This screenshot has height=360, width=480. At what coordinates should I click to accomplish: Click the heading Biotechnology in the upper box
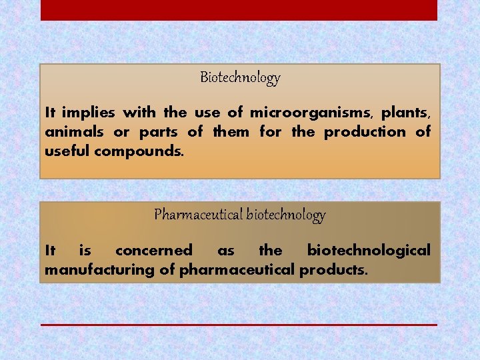(x=240, y=78)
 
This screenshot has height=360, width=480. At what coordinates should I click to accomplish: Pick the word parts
(x=158, y=131)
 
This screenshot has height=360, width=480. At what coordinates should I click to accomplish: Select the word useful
(x=67, y=151)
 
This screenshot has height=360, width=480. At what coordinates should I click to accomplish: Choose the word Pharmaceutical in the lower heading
(x=198, y=215)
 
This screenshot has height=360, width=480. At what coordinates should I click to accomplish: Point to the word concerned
(x=153, y=251)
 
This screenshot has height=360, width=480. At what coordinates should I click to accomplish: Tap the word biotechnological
(x=369, y=251)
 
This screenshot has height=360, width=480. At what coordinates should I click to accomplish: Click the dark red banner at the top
(x=239, y=10)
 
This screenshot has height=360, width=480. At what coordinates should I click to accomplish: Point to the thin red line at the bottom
(x=239, y=325)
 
